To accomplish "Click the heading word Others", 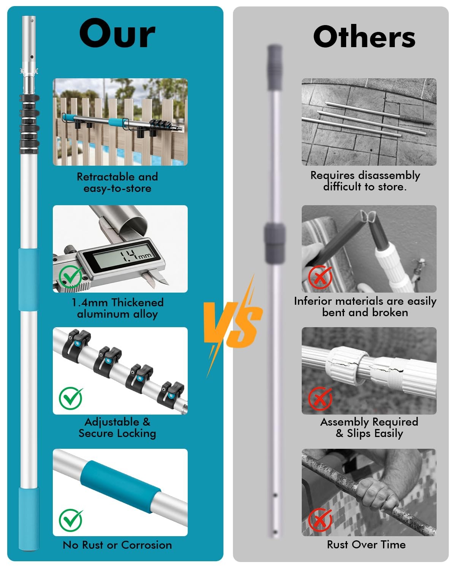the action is coord(364,36).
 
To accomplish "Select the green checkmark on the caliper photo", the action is coord(70,277).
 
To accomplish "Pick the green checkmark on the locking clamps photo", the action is coord(71,398).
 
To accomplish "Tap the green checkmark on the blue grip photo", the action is coord(71,520).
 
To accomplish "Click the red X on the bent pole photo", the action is coord(320,277).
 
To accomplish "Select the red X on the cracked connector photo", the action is coord(320,399).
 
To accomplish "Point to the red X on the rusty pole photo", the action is coord(320,520).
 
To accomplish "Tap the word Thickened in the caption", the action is coord(137,302).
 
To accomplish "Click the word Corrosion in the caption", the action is coord(147,545).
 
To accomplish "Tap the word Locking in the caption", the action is coord(136,434).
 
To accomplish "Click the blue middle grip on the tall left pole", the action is coord(28,279).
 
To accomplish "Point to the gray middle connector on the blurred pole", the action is coord(275,243).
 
